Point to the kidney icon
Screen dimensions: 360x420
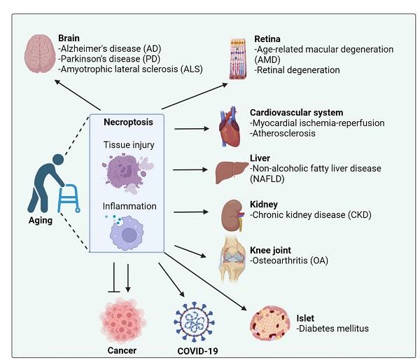coord(230,212)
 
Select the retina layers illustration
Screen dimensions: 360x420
coord(240,60)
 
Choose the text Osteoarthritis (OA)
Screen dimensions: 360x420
coord(289,261)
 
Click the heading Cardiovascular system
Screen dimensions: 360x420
coord(296,112)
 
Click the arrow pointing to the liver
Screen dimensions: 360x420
coord(189,169)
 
